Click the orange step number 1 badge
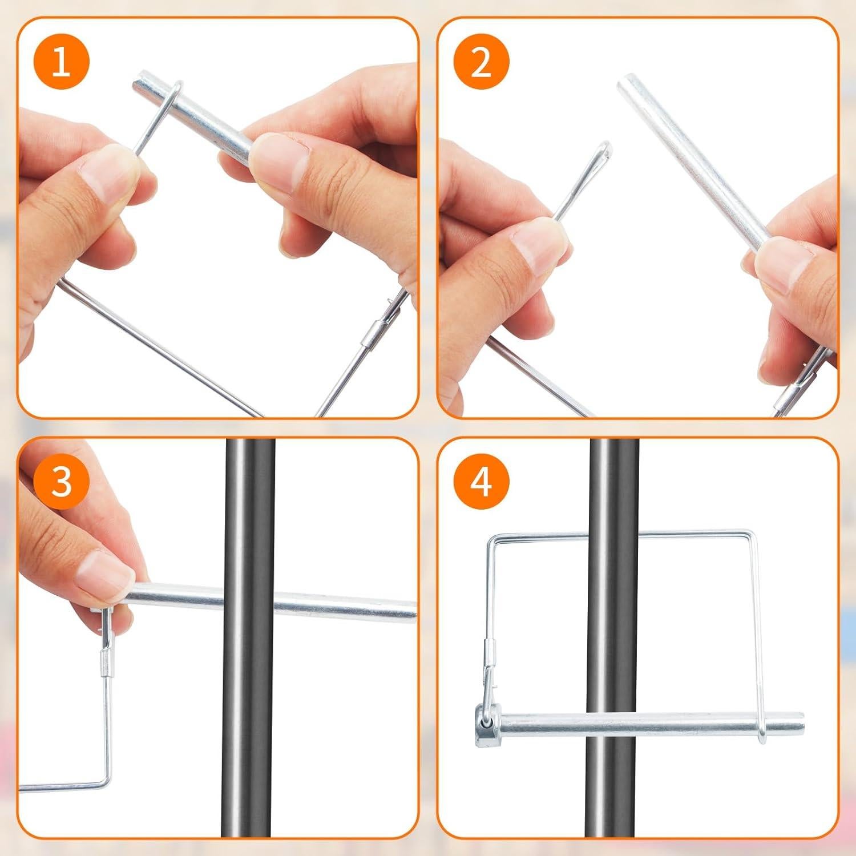pyautogui.click(x=61, y=65)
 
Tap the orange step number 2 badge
pyautogui.click(x=481, y=65)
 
